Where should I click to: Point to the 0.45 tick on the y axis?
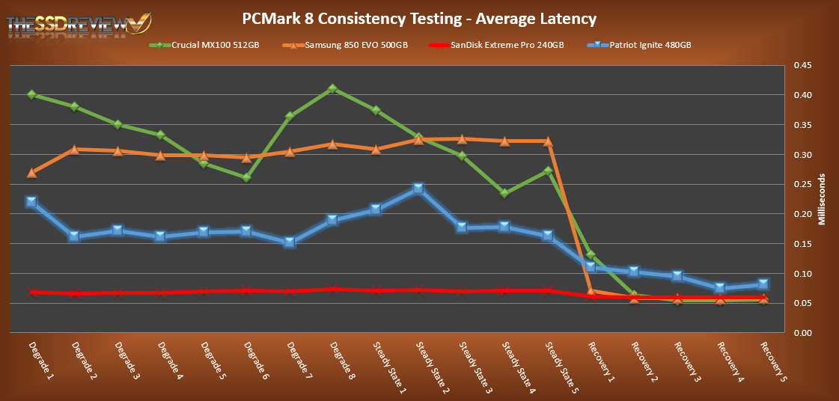(802, 66)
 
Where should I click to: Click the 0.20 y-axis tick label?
(802, 215)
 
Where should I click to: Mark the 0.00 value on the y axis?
(802, 334)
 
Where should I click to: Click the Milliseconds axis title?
(821, 200)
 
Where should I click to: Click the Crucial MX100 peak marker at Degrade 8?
(333, 89)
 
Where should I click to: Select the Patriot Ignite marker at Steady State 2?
(418, 189)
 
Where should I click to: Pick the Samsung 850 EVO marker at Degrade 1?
(31, 173)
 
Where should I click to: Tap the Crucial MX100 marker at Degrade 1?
(31, 95)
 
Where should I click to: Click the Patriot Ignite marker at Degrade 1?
(31, 202)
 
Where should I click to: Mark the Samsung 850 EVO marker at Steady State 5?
(548, 141)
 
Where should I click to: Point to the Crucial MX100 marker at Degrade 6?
(247, 177)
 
